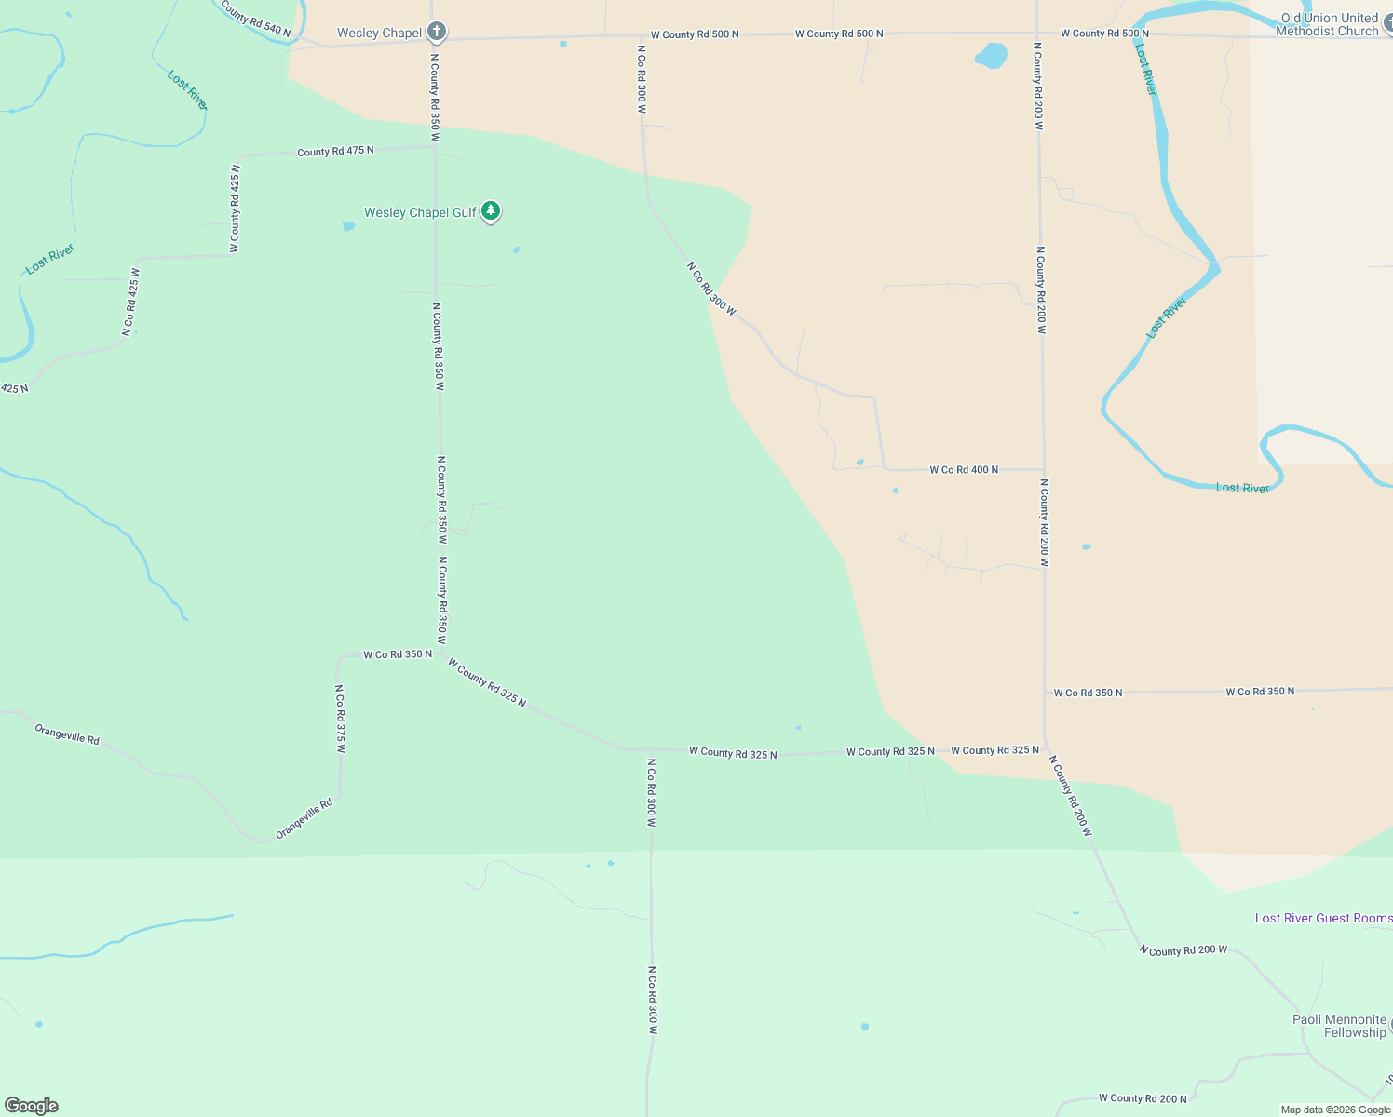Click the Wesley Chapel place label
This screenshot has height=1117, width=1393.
379,33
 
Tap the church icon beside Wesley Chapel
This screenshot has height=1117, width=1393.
437,33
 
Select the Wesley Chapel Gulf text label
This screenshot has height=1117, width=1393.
420,212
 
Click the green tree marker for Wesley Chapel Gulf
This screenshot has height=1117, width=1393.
491,211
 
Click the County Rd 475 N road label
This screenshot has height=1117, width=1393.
335,151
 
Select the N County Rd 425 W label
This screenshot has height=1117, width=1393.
236,209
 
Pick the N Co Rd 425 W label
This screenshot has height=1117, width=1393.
130,302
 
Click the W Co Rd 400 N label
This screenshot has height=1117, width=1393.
964,470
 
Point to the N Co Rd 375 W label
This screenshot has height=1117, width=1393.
341,719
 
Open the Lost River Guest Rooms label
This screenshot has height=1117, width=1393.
1323,918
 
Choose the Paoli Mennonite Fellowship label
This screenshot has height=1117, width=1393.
1339,1026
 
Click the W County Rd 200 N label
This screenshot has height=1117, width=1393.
1143,1098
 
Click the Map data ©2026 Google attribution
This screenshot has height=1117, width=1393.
1335,1110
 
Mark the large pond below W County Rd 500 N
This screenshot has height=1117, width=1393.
991,56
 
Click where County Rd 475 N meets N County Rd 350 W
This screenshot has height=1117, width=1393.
435,146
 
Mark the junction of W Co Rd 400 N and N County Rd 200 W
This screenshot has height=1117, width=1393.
1043,469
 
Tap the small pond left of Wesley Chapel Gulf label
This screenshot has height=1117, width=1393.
348,226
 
